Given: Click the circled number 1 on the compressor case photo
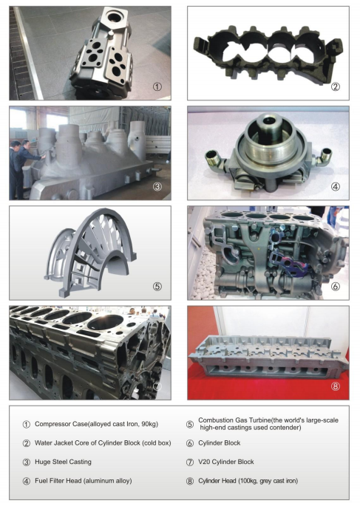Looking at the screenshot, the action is coord(157,86).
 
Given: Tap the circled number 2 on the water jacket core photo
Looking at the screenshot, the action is coord(336,86).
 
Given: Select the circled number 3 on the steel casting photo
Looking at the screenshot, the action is coord(157,186).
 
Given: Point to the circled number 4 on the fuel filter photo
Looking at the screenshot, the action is coord(336,186).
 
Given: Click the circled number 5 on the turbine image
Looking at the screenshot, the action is coord(157,286).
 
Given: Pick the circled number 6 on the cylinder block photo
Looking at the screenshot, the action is coord(336,286).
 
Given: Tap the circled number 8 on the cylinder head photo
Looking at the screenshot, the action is coord(336,386).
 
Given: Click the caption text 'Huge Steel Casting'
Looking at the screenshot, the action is coord(63,462).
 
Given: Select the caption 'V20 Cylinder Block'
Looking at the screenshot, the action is coord(226,462).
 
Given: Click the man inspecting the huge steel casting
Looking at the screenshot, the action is coord(27,168).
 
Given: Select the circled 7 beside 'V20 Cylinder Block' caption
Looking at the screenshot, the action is coord(190,462).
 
